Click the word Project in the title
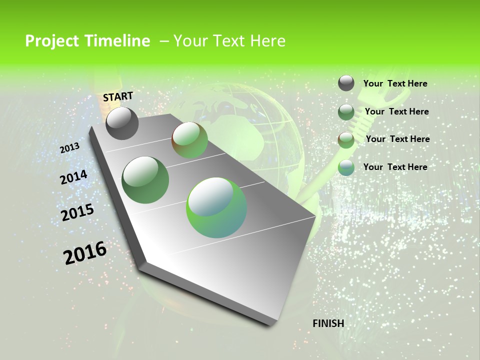pos(52,41)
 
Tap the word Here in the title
pos(267,41)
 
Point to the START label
pos(118,96)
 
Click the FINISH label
pos(328,323)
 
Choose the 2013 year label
pos(69,148)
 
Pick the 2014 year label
pos(73,177)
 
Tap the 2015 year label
pos(77,212)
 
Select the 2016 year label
pos(85,253)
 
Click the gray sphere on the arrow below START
pos(122,123)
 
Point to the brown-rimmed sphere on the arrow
pos(190,140)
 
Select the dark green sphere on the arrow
pos(145,180)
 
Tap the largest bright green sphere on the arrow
pos(216,207)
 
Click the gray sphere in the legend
pos(346,83)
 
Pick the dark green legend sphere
pos(346,112)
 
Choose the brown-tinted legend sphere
pos(346,140)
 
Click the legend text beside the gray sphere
pos(395,83)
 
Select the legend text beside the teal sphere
pos(395,167)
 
